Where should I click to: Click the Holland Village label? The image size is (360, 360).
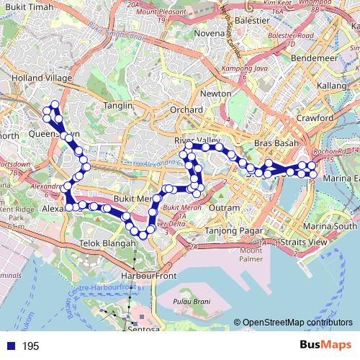click(41, 78)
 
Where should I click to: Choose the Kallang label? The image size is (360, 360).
click(332, 86)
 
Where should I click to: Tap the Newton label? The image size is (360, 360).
click(216, 94)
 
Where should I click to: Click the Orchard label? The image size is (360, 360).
click(186, 109)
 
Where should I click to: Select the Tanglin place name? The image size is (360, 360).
click(119, 105)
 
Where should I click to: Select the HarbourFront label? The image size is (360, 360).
click(148, 276)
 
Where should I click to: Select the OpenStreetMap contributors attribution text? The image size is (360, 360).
click(293, 322)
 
